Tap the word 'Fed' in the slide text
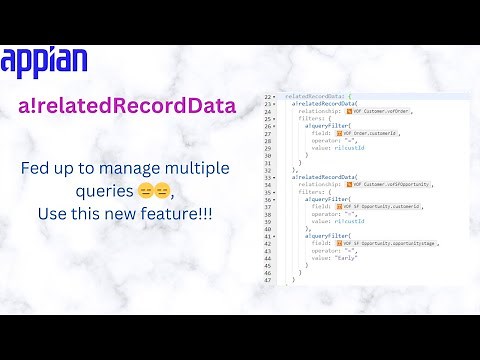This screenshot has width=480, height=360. pos(35,169)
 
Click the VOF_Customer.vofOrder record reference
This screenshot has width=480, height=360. pos(383,110)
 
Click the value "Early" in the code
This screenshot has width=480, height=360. pos(349,258)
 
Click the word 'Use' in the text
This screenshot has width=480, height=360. pos(54,212)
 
